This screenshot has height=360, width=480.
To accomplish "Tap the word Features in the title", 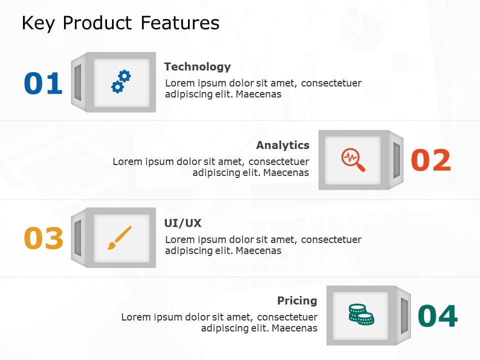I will [x=180, y=23].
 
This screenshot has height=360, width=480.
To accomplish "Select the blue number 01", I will [x=43, y=83].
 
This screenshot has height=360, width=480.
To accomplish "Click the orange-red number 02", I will [x=430, y=160].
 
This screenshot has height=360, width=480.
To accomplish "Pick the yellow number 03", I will [x=43, y=238].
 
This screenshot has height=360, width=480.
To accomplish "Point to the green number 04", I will [x=437, y=316].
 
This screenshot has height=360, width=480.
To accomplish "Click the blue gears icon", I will [x=121, y=81].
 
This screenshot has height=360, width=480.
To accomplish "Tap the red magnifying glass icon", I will [x=353, y=160].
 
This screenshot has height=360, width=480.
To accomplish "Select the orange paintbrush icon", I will [x=119, y=237].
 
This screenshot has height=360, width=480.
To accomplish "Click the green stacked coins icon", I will [x=361, y=315].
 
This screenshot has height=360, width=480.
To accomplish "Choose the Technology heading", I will [x=197, y=66].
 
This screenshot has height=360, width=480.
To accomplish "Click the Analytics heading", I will [x=283, y=145].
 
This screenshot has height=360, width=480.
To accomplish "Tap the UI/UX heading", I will [x=183, y=223].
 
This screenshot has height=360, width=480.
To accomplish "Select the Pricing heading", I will [x=297, y=300].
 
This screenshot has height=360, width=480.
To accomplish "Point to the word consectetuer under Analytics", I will [x=278, y=161].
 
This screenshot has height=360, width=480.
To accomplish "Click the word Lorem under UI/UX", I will [x=179, y=239].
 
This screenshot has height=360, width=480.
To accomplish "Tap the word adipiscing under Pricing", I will [x=224, y=328].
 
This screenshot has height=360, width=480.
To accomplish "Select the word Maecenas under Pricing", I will [x=294, y=328].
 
